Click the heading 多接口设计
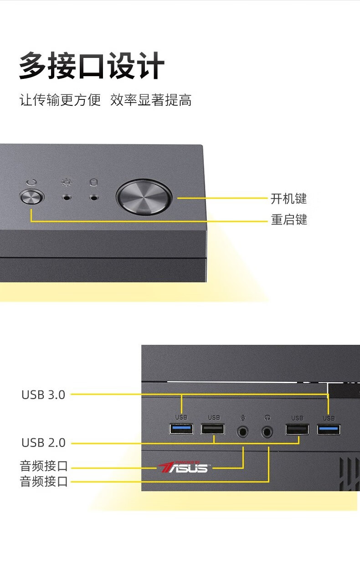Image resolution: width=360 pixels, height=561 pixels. click(x=92, y=67)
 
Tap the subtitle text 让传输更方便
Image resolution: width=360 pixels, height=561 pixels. click(x=60, y=100)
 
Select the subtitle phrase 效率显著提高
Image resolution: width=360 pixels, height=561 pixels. click(x=151, y=100)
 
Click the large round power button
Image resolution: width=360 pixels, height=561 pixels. click(x=144, y=198)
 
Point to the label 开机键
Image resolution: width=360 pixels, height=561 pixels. click(x=289, y=198)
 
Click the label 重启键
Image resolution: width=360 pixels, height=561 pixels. click(x=289, y=220)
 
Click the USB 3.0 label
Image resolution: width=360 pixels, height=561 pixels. click(x=43, y=395)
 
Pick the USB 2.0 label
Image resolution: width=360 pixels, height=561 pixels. click(x=43, y=442)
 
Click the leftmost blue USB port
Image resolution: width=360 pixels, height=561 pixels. click(x=181, y=429)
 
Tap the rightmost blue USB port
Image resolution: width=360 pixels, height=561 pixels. click(x=329, y=429)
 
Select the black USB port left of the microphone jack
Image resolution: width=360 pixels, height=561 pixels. click(x=213, y=429)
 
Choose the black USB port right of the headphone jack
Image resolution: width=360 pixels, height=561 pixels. click(x=297, y=429)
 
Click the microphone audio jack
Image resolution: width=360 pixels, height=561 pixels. click(x=243, y=431)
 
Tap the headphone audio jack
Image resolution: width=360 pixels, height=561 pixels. click(x=267, y=431)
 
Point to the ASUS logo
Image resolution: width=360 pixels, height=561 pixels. click(x=183, y=467)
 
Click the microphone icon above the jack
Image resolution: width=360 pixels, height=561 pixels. click(x=243, y=417)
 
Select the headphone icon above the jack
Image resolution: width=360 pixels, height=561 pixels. click(x=267, y=417)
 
